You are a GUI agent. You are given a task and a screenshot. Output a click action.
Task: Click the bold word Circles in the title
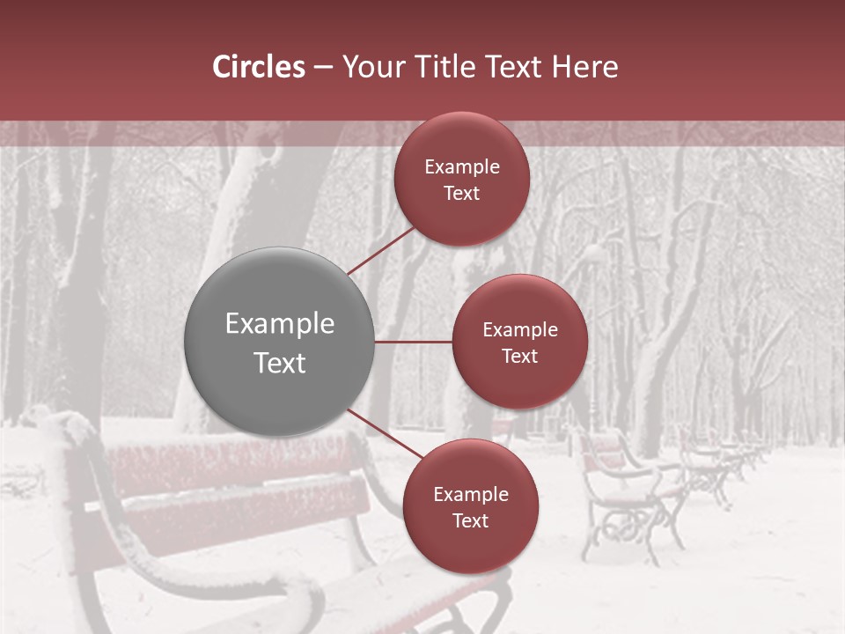click(x=258, y=67)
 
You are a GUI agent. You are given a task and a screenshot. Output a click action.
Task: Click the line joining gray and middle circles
click(x=414, y=342)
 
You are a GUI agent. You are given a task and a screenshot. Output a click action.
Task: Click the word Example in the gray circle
click(x=280, y=324)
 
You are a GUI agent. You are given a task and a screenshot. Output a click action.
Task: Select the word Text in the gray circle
click(x=280, y=363)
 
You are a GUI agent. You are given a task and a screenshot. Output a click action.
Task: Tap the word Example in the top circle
click(x=462, y=167)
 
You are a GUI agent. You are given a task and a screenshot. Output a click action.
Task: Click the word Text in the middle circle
click(x=519, y=356)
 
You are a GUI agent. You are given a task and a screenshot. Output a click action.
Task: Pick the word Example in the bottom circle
click(x=471, y=495)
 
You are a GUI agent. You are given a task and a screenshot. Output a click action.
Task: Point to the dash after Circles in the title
click(x=323, y=68)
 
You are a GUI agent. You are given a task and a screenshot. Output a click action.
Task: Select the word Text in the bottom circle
click(x=470, y=520)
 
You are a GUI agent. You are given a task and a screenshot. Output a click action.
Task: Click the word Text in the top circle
click(x=461, y=193)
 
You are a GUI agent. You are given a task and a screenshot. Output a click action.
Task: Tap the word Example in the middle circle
click(x=520, y=330)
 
